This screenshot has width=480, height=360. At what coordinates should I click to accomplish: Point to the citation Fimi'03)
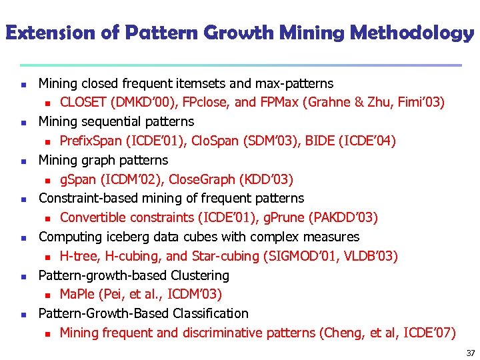tap(421, 103)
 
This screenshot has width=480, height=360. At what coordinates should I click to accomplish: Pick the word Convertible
tap(95, 217)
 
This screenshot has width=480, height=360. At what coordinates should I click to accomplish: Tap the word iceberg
tap(123, 237)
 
